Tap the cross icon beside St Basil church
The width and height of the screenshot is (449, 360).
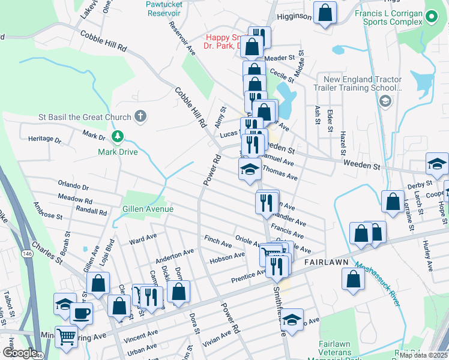click(x=140, y=116)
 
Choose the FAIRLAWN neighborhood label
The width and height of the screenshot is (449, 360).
click(x=327, y=263)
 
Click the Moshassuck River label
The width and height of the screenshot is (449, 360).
click(x=376, y=285)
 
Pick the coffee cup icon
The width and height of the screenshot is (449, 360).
click(x=81, y=312)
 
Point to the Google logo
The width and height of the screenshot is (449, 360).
click(x=19, y=353)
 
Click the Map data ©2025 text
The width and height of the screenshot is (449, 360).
click(x=423, y=355)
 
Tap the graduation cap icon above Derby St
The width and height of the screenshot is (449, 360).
click(x=437, y=163)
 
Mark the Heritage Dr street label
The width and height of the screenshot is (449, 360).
click(x=44, y=139)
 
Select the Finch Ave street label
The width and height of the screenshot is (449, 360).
click(x=218, y=242)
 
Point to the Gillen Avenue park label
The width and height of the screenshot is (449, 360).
click(x=148, y=209)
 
